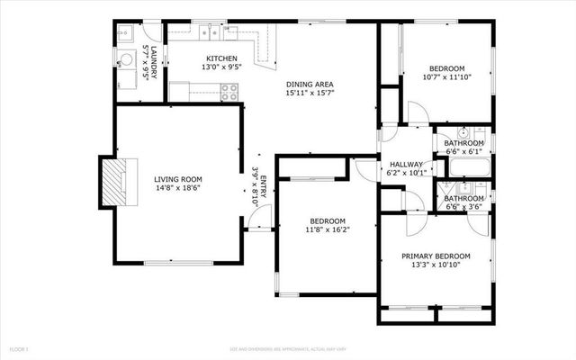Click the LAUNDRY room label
point(154,62)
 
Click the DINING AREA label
point(310,82)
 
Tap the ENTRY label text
point(262,189)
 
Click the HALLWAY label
point(407,164)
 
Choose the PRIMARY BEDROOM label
point(436,256)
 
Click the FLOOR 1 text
point(19,347)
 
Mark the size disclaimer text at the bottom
point(288,347)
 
